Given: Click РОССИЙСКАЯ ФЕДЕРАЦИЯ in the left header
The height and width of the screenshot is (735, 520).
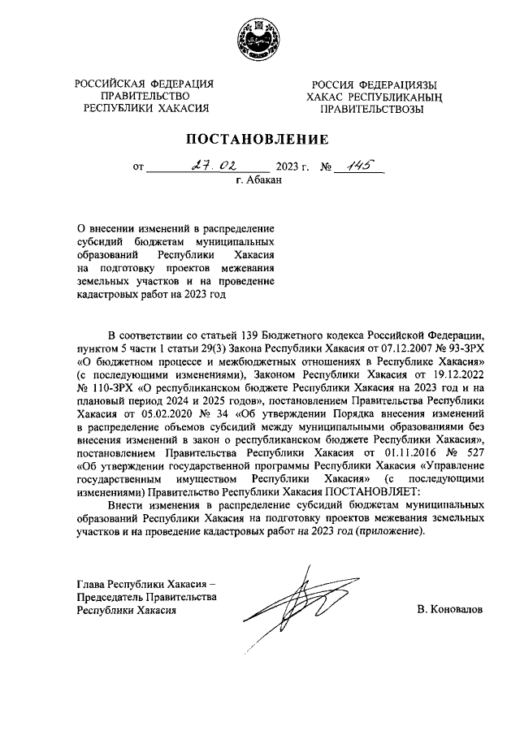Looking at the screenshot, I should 145,84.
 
